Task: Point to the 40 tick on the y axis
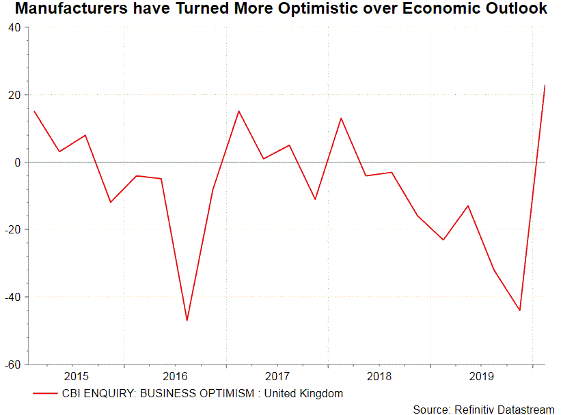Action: pos(14,28)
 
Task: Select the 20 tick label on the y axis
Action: pos(14,95)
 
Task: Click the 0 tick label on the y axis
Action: pos(17,162)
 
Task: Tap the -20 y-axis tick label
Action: pos(12,229)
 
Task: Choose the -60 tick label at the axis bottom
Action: pos(12,364)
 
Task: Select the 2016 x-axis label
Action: pos(176,377)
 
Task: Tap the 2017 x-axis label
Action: pos(277,377)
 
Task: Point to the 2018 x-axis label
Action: pos(379,377)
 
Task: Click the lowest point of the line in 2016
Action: pos(187,320)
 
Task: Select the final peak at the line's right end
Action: pos(545,85)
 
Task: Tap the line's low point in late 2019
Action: pos(519,310)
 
